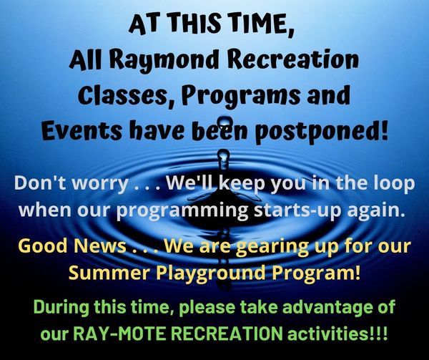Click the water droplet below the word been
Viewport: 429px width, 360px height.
[224, 159]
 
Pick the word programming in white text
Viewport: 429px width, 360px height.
[183, 211]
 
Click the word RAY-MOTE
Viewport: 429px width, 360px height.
[121, 334]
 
